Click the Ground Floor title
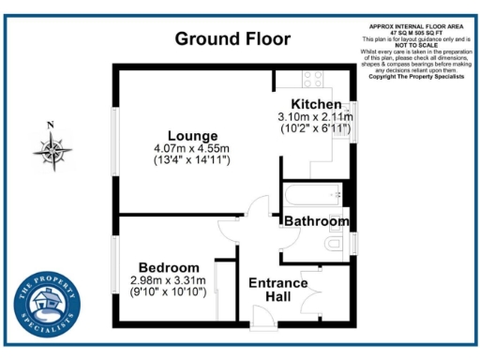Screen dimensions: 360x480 point(232,39)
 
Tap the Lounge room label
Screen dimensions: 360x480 point(192,136)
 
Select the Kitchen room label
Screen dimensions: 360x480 point(316,103)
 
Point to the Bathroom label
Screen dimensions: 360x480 point(317,221)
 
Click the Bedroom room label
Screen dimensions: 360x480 point(169,267)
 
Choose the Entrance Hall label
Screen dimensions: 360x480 point(277,291)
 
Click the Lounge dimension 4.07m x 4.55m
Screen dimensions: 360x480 point(192,148)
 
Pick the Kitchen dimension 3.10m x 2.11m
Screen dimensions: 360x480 point(316,116)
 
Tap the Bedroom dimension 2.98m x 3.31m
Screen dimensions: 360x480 point(169,279)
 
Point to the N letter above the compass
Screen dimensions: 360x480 point(52,126)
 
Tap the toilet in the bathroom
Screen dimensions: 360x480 point(336,246)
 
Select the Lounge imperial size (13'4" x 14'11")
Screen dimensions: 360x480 point(192,160)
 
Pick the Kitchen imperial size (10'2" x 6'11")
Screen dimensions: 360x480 point(316,128)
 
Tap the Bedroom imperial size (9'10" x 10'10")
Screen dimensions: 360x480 point(169,292)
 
